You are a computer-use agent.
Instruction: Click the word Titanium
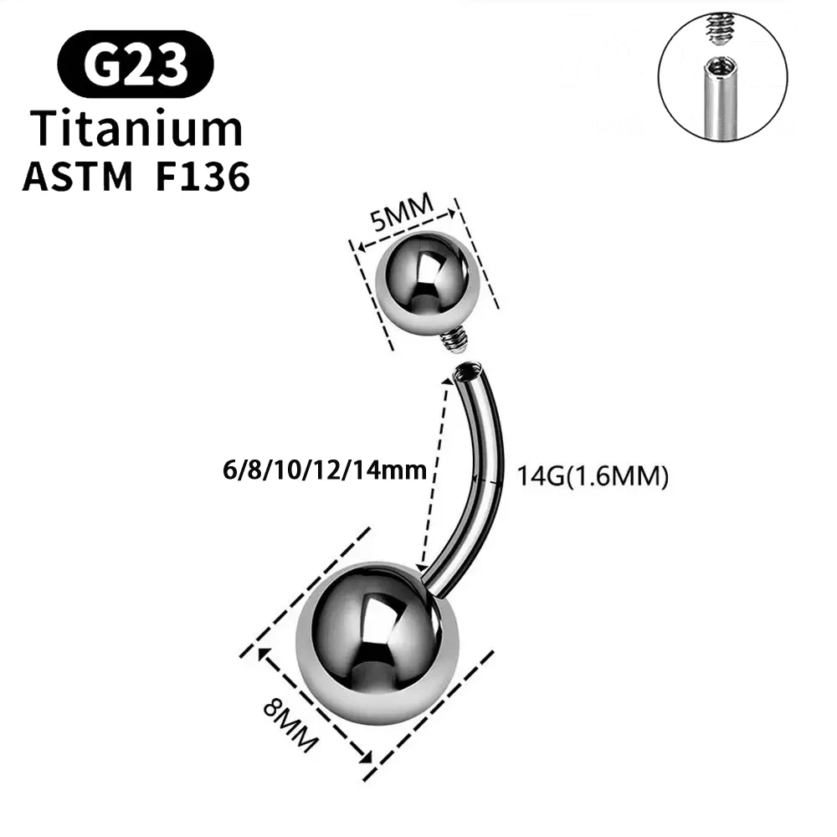point(136,130)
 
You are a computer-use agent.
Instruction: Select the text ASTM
point(77,177)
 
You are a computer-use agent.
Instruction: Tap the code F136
point(203,177)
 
